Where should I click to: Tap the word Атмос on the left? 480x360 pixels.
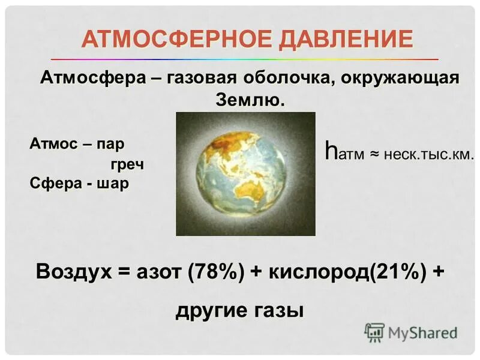pyautogui.click(x=52, y=145)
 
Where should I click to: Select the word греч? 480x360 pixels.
pyautogui.click(x=127, y=164)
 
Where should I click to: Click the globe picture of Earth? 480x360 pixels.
pyautogui.click(x=245, y=173)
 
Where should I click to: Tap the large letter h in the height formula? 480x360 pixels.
pyautogui.click(x=330, y=151)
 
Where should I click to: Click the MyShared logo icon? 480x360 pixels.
pyautogui.click(x=374, y=332)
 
